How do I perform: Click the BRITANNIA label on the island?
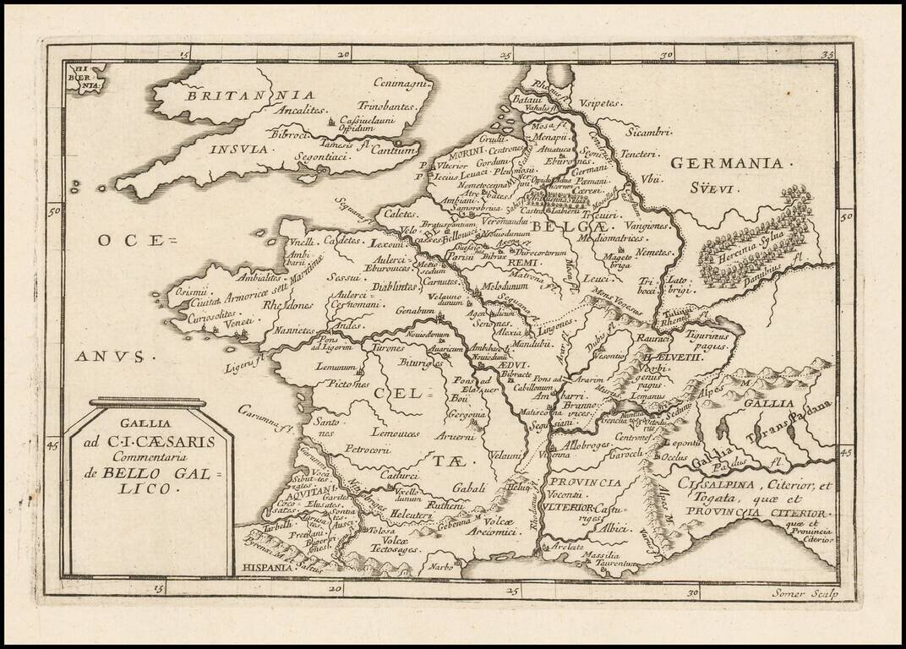pos(250,95)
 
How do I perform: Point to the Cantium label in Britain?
pos(394,150)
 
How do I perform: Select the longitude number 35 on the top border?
pos(827,56)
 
